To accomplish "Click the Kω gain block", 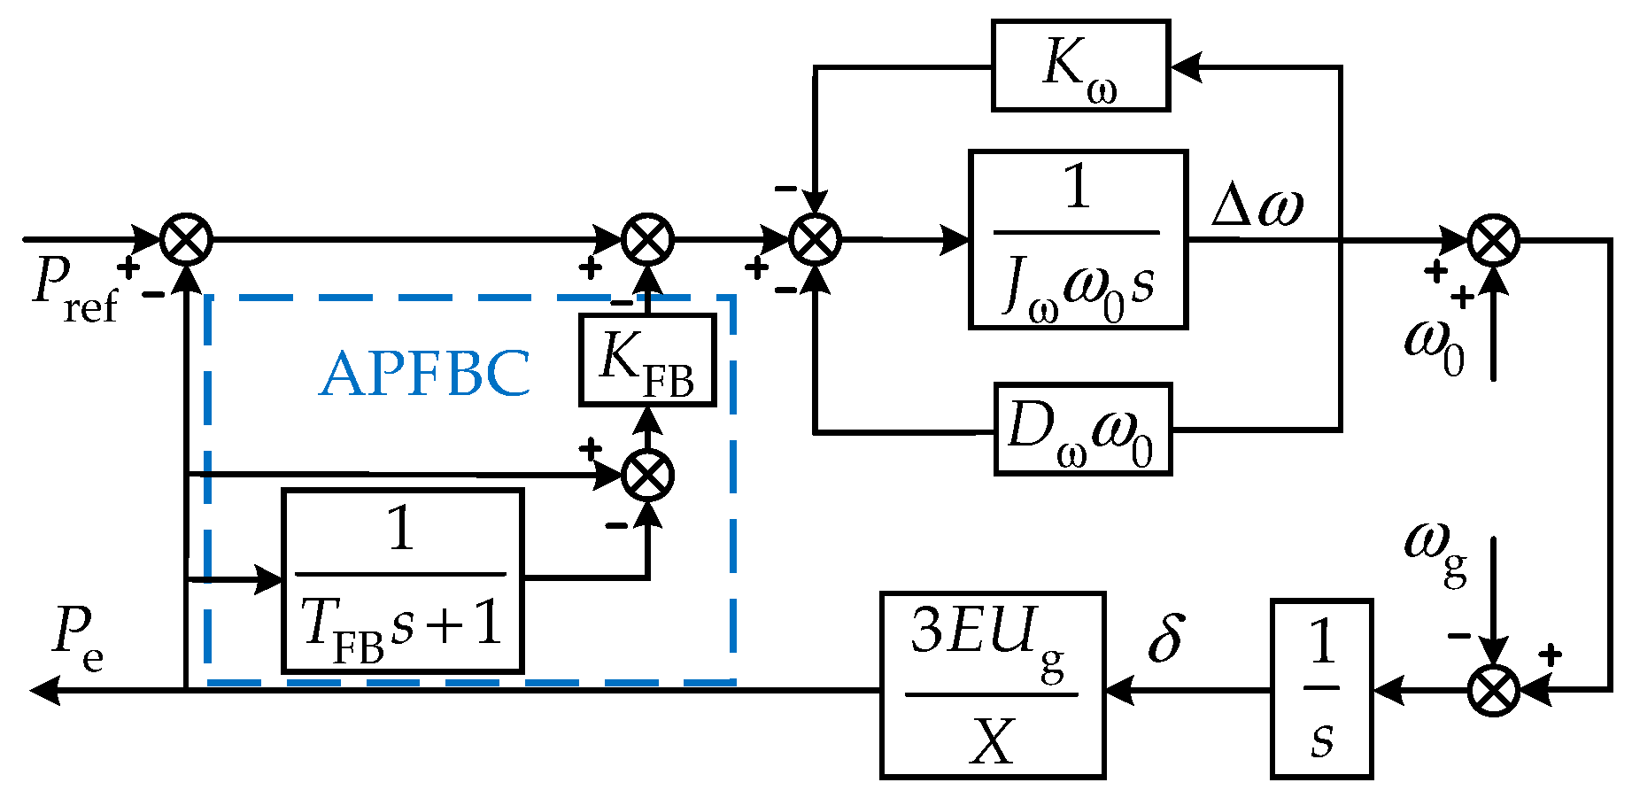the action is (x=1080, y=66).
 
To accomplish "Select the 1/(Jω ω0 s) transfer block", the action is (x=1078, y=239).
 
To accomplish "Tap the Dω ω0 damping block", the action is (x=1082, y=430).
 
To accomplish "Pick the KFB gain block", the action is (x=647, y=360).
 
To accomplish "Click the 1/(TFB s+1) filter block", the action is (x=402, y=581).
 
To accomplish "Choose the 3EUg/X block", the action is (x=993, y=686).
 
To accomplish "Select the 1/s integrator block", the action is (x=1321, y=689).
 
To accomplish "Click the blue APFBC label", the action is (x=425, y=373).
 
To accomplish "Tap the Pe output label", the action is (x=79, y=639).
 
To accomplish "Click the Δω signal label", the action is (x=1257, y=205).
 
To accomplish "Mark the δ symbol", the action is (x=1165, y=636).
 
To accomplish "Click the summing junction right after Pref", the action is (x=186, y=239).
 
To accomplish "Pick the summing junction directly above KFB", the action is (x=647, y=239).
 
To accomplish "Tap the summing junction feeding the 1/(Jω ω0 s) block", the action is (x=815, y=239).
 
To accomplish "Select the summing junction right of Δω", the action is (x=1494, y=239).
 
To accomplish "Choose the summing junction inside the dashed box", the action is (x=647, y=476).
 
